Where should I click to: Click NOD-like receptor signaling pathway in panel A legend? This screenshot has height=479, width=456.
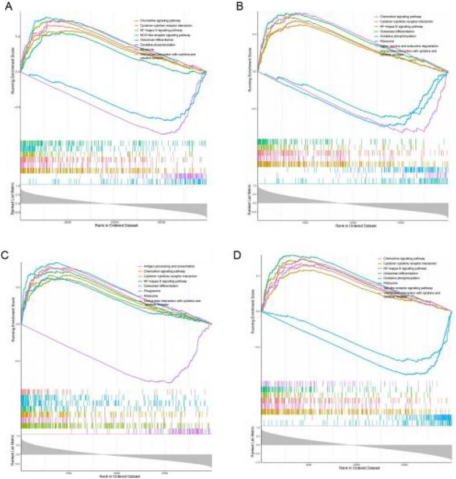(x=161, y=36)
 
